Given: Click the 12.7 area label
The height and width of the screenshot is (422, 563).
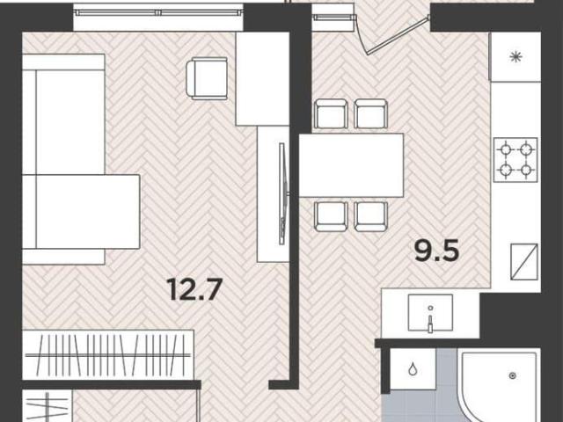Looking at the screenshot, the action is (x=194, y=289).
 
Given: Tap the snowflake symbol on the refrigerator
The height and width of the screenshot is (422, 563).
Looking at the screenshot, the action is (x=516, y=56).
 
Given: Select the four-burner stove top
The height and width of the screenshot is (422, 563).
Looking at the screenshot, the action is (x=515, y=160).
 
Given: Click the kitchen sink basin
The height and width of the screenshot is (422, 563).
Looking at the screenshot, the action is (x=430, y=312).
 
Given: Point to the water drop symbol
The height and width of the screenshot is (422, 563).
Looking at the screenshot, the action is (x=413, y=368).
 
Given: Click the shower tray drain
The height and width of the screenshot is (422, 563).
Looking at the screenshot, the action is (x=513, y=375).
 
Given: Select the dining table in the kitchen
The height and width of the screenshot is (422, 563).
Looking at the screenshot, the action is (x=352, y=165).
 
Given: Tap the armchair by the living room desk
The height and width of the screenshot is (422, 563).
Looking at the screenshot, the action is (x=207, y=78).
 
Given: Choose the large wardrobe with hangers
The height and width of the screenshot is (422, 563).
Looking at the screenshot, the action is (x=108, y=355).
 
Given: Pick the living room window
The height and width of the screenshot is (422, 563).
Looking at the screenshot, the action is (x=158, y=13).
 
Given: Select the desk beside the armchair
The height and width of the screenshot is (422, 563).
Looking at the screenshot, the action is (x=262, y=79).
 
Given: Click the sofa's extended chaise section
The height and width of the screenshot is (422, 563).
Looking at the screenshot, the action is (x=81, y=212).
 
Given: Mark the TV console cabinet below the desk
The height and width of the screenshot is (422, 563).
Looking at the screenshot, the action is (x=274, y=193).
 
